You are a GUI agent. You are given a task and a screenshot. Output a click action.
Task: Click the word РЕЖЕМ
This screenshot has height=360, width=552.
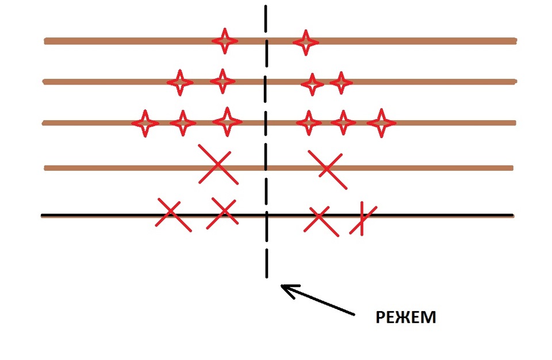pos(406,317)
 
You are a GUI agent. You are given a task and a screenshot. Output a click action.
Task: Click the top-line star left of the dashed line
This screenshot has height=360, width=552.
pos(224,41)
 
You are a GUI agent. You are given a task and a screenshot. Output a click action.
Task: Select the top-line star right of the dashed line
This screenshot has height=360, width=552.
pos(305,42)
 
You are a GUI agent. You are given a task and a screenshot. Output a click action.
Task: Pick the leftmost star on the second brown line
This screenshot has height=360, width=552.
pos(180,82)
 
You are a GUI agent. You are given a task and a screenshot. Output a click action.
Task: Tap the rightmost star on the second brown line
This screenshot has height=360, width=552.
pos(341,83)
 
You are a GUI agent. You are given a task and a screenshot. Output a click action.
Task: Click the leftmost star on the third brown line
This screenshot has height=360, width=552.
pos(145,123)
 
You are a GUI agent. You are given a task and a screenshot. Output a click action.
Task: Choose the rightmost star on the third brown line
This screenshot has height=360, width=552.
pos(381,123)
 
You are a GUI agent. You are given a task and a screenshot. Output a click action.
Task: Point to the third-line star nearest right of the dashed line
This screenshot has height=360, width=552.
pos(309,123)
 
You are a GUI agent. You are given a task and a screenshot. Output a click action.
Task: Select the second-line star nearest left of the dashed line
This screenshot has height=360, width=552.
pos(223,81)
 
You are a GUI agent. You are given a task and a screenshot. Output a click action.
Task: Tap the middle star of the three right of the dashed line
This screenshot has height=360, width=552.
pos(343,122)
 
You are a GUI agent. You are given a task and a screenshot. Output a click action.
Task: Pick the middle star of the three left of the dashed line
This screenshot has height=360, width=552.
pos(183,123)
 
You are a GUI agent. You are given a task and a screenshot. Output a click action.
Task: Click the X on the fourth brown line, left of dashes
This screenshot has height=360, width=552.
pos(217,164)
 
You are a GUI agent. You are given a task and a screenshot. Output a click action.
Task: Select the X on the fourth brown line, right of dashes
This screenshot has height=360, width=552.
pos(327,169)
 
